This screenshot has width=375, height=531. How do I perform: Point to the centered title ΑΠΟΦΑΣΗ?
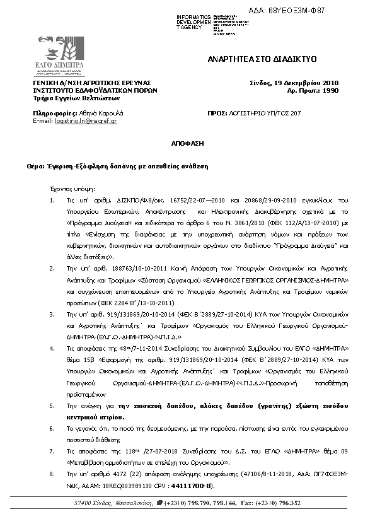click(187, 143)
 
